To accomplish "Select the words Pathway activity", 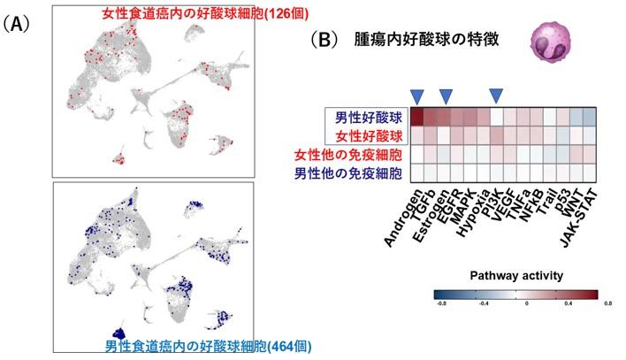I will tap(515, 274).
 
